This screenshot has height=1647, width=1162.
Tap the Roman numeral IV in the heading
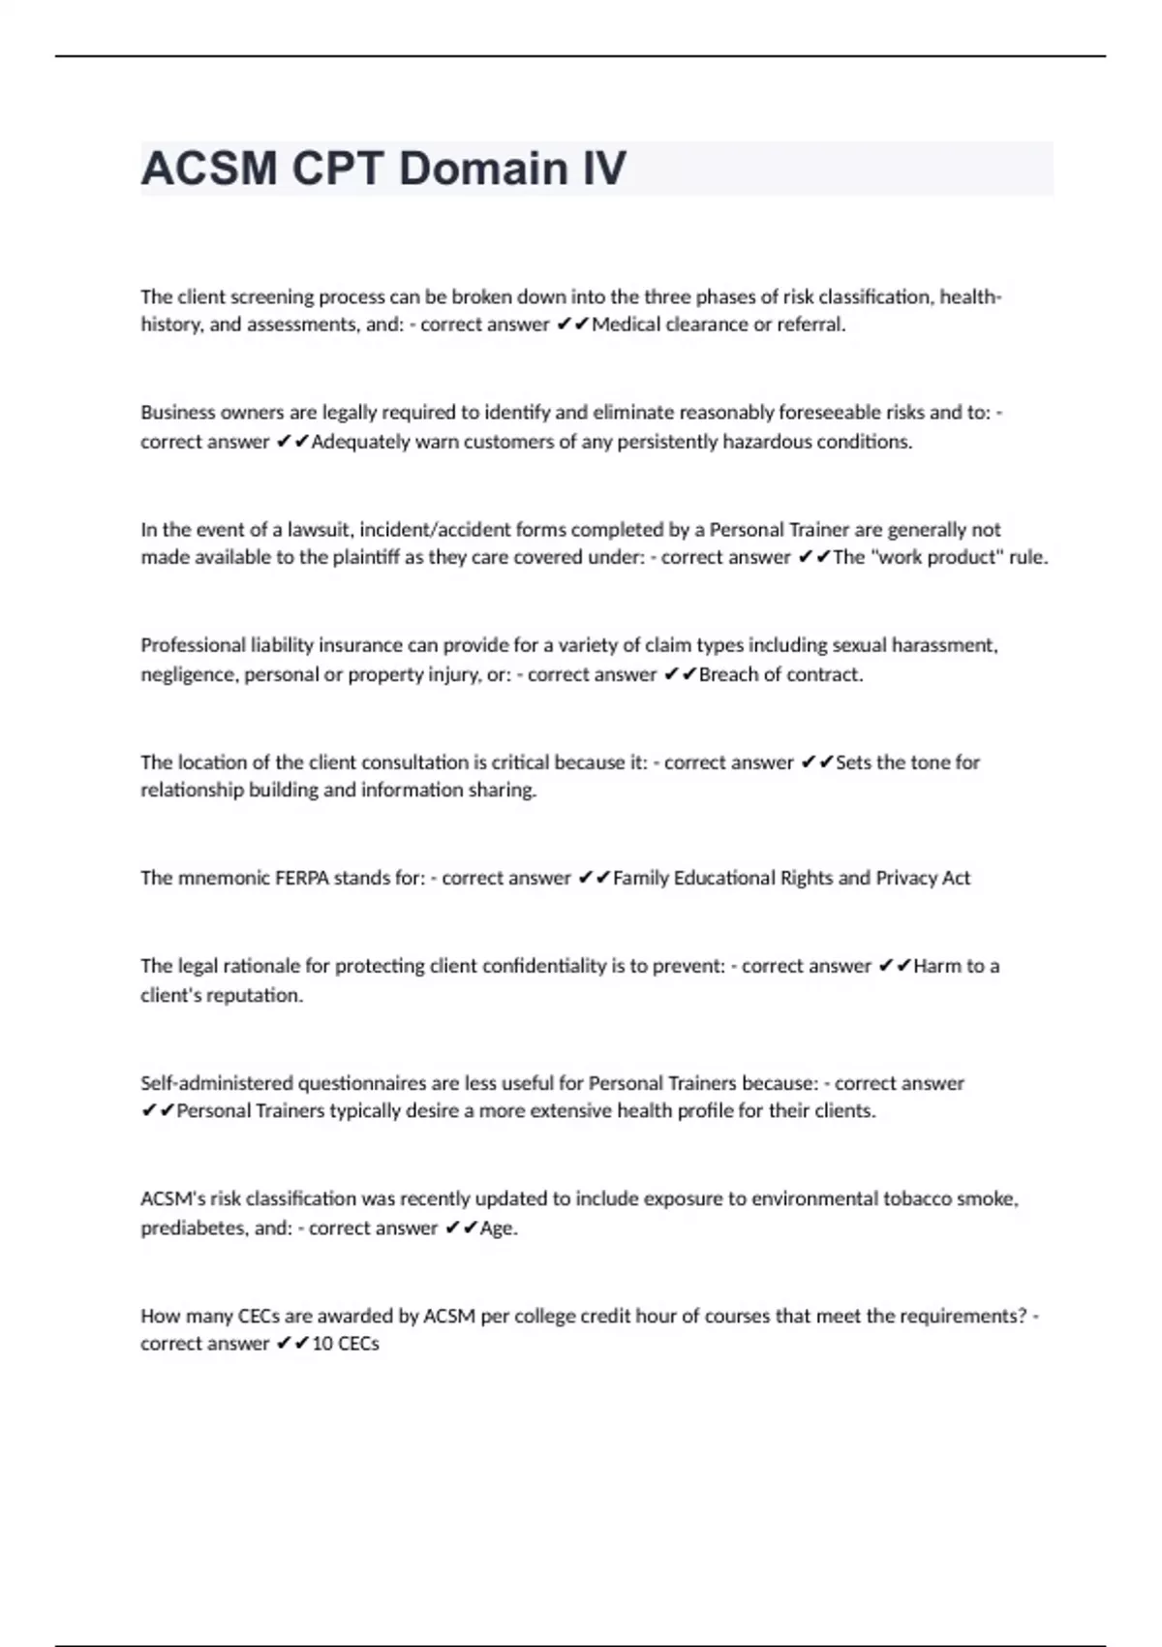tap(603, 169)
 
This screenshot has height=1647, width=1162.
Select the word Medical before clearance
tap(626, 325)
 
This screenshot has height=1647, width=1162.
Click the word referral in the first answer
tap(810, 325)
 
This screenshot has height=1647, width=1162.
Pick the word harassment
tap(950, 645)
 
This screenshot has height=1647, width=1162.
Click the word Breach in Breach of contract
tap(727, 674)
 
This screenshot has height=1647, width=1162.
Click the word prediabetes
tap(193, 1228)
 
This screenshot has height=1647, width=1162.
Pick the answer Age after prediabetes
tap(497, 1228)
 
